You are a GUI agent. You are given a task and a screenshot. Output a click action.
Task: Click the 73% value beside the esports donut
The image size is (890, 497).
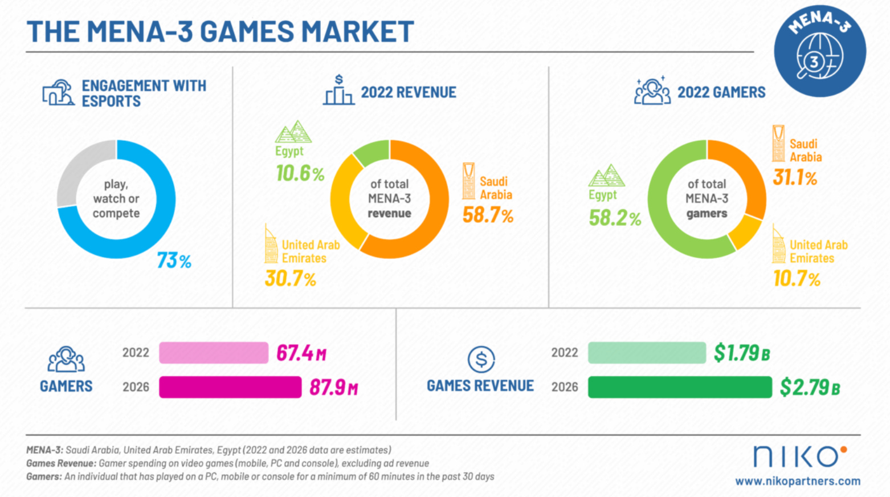[x=174, y=260]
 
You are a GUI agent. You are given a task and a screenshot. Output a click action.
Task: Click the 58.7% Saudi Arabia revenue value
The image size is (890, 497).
[x=488, y=215]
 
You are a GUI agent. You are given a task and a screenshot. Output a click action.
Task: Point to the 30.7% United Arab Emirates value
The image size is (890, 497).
[x=290, y=279]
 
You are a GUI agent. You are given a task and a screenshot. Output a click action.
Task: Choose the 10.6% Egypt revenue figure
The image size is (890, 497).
[x=300, y=173]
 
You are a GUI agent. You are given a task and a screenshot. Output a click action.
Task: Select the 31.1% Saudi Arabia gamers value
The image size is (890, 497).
[x=795, y=178]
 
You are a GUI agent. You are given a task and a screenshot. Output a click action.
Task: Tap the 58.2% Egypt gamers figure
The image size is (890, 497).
[x=615, y=218]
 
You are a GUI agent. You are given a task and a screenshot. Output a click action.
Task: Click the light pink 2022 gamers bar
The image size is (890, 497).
[x=214, y=353]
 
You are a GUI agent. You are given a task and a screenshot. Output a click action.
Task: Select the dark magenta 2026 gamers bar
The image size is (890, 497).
[x=230, y=387]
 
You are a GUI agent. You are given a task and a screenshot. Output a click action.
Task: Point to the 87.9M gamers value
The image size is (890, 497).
[x=333, y=388]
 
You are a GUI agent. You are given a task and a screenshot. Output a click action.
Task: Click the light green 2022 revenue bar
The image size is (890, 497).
[x=647, y=353]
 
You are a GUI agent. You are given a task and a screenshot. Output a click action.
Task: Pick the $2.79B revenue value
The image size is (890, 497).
[x=810, y=388]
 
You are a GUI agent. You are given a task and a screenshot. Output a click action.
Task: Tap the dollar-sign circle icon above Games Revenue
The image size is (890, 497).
[x=481, y=360]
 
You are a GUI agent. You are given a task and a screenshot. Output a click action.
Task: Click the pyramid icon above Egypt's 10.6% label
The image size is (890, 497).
[x=293, y=132]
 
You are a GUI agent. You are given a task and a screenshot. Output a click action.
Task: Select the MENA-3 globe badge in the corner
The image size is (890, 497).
[x=819, y=51]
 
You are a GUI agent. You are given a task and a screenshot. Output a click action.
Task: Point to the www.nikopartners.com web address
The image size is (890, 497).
[x=798, y=481]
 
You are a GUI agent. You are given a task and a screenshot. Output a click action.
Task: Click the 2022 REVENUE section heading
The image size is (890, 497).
[x=408, y=92]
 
